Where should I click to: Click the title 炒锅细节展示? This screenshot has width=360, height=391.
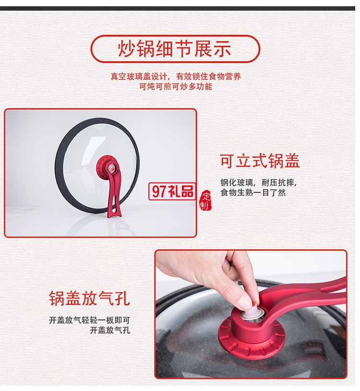(x=175, y=49)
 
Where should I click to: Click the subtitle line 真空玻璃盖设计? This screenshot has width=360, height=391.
(x=176, y=76)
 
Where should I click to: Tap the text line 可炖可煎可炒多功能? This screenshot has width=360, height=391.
(x=176, y=87)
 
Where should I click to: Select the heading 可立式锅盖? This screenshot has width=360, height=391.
(x=260, y=161)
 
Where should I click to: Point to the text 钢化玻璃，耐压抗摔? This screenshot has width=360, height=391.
(x=258, y=182)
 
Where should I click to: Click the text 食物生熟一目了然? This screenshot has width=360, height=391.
(x=253, y=192)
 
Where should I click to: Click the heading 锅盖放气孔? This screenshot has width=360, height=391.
(x=89, y=298)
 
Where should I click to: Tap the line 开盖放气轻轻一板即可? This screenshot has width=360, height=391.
(x=89, y=320)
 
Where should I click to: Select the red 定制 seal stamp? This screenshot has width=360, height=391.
(x=205, y=201)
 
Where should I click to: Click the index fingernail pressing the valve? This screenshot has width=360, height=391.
(x=246, y=302)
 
